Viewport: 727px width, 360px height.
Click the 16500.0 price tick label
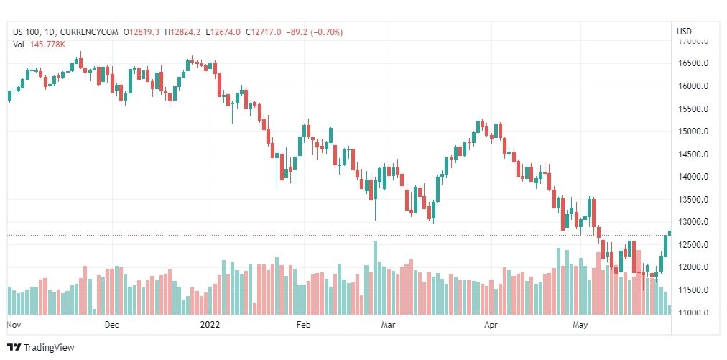[x=694, y=63]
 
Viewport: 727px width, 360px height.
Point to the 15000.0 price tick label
[x=694, y=131]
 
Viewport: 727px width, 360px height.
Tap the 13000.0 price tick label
[x=694, y=222]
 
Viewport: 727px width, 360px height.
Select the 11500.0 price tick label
[x=694, y=290]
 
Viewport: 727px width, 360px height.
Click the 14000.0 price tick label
[x=694, y=177]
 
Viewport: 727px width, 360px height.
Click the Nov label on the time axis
[x=13, y=325]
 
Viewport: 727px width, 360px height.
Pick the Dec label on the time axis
[x=111, y=325]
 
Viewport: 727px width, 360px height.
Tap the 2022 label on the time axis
[x=209, y=325]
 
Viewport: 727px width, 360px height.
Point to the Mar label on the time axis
[x=389, y=325]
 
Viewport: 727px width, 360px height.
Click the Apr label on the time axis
[x=491, y=325]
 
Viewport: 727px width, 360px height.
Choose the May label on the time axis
[x=580, y=325]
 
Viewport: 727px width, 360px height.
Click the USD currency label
[x=684, y=32]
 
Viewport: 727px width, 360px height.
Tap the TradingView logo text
[x=49, y=348]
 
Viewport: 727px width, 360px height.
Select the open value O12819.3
[x=142, y=32]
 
